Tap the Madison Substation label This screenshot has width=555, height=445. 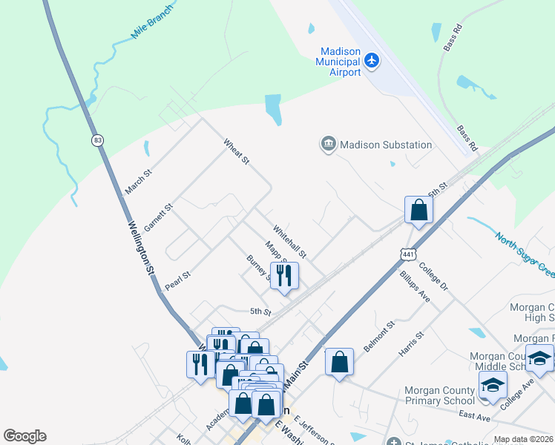pos(386,145)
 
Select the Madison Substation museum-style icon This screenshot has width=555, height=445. pos(328,144)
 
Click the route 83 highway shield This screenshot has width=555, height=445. pos(97,140)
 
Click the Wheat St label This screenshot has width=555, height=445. pos(236,151)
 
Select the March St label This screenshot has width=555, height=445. pos(138,182)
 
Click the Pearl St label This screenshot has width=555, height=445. pos(178,280)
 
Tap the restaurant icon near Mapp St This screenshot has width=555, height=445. pos(284,276)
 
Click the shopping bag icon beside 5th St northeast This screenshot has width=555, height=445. pos(419,210)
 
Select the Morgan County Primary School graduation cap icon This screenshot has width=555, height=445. pos(492,386)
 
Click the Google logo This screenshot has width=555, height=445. pos(24,436)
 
